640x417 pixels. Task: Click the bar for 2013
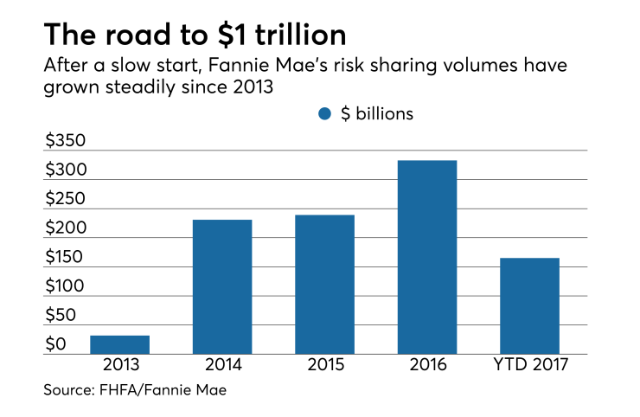120,344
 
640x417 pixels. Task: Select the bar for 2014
222,286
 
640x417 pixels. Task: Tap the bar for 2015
324,284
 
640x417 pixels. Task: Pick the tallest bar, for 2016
427,257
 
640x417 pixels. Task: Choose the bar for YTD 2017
529,305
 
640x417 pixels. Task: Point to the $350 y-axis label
66,141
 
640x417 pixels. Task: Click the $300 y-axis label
66,170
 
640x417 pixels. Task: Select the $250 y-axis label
66,199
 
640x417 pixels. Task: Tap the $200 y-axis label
66,228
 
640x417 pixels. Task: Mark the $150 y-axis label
66,257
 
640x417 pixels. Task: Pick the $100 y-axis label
66,286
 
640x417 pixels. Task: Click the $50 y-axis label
61,316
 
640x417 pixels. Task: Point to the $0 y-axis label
55,344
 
